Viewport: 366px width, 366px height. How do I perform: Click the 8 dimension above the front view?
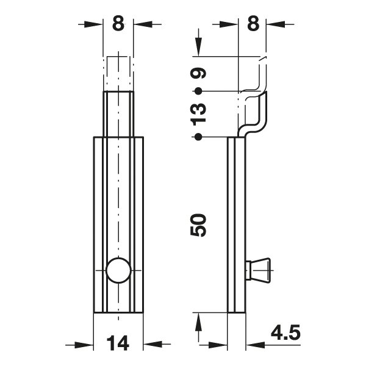118,24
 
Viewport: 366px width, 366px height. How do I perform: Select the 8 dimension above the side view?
253,24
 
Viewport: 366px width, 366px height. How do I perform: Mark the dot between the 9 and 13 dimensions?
198,91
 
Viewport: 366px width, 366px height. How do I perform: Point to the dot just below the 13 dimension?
198,136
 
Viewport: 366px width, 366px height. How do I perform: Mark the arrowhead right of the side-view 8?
276,24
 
